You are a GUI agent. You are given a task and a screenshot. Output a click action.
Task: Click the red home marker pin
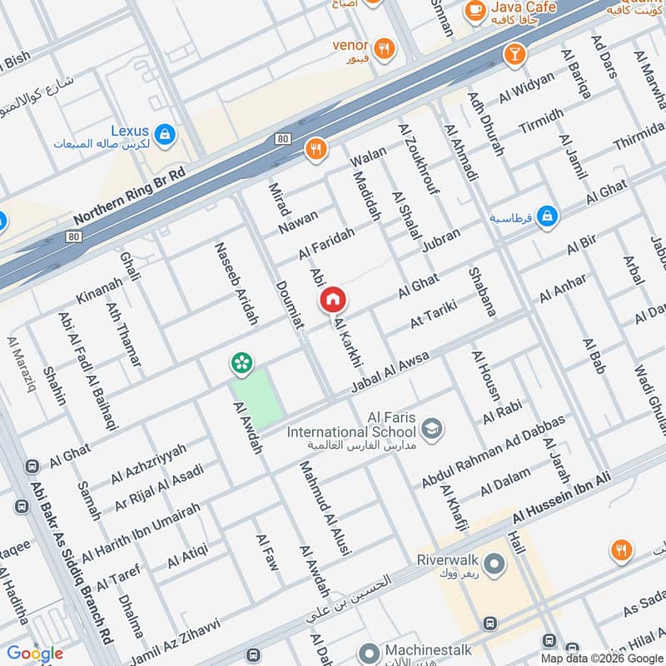point(332,299)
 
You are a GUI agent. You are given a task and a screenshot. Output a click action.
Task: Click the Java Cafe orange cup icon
point(475,9)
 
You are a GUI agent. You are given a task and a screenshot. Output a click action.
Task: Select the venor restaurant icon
point(384,48)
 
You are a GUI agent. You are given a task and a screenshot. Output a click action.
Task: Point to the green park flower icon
point(241,362)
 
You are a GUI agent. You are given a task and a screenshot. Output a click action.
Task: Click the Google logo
point(35,654)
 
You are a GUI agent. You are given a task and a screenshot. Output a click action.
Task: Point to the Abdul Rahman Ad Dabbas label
point(493,451)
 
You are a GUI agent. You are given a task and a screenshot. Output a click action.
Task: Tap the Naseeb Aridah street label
point(236,283)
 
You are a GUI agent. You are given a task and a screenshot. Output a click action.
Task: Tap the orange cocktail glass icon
point(514,55)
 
